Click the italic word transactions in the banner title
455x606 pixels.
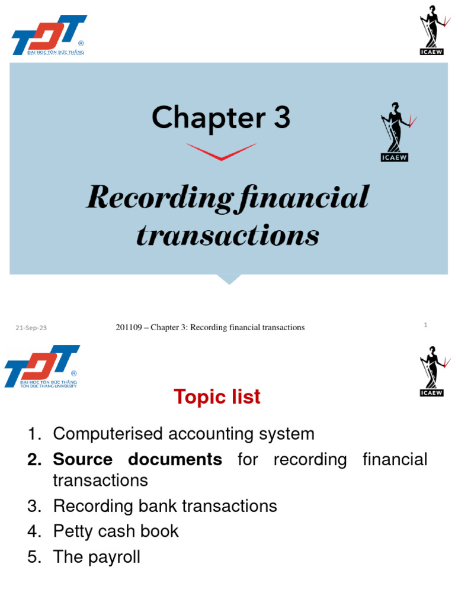point(228,236)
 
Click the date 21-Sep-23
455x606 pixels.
point(31,328)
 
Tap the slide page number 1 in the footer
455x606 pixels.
point(425,324)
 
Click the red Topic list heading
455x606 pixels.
point(217,397)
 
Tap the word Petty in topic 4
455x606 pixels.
point(72,531)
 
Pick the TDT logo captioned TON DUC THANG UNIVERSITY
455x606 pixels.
point(42,367)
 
